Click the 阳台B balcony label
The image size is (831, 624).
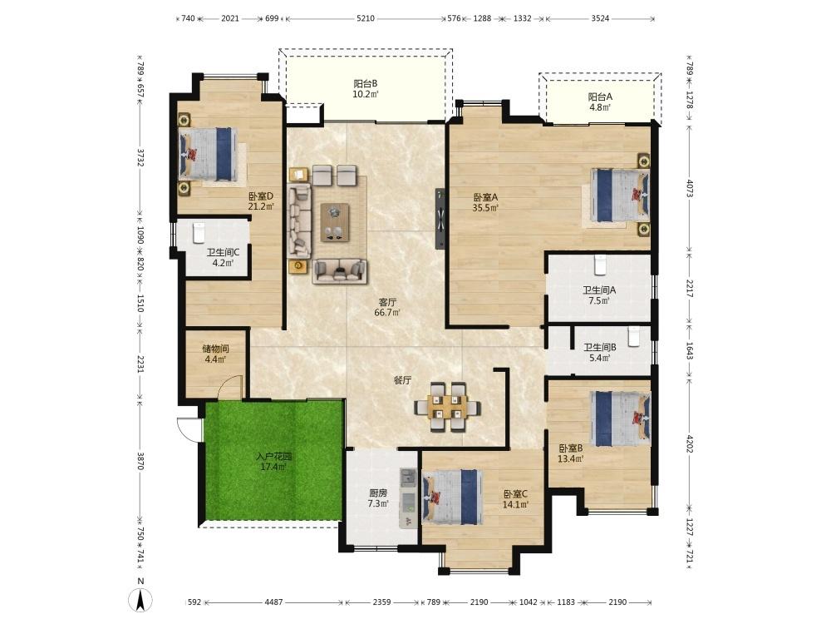366,89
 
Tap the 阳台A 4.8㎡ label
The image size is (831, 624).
600,102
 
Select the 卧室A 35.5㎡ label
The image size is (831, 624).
485,202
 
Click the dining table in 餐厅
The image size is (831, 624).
448,407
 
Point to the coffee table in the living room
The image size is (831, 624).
334,222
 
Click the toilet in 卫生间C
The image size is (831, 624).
199,232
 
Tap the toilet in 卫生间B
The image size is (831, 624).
634,336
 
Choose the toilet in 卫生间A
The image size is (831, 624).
600,265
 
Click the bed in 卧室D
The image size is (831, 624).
207,155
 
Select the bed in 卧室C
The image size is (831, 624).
453,497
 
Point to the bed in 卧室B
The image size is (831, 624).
621,418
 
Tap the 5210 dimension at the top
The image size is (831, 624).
366,18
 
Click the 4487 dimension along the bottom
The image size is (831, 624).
274,602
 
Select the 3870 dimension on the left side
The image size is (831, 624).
140,461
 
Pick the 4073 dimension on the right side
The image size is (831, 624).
690,188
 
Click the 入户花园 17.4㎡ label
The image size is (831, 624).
273,462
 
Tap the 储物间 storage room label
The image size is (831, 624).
216,354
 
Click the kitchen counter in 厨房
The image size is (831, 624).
408,498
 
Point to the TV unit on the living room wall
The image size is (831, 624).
440,218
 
